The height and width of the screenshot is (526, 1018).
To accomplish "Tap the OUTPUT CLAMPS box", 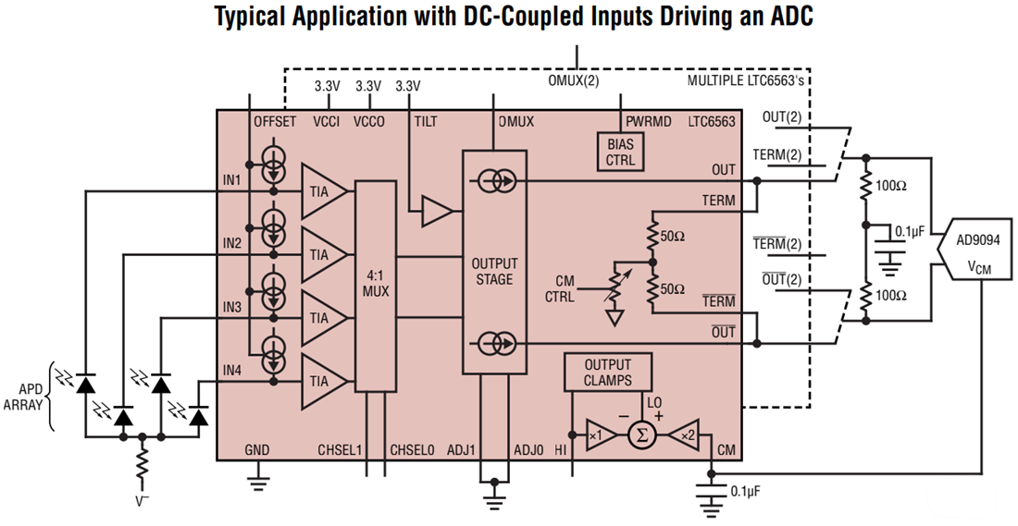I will tap(607, 372).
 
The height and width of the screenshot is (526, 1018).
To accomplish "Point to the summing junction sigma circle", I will tap(640, 434).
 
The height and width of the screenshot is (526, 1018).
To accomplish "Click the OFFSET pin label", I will tap(275, 121).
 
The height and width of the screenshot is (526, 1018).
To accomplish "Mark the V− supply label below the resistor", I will tap(142, 506).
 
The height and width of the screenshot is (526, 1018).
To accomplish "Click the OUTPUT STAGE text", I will tap(493, 272).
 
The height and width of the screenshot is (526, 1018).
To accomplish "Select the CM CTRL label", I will tap(560, 288).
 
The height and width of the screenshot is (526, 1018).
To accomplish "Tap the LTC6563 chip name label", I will tap(712, 121).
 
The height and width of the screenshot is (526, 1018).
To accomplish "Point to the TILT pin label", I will tap(427, 121).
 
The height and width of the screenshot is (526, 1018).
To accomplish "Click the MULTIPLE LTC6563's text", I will tap(746, 81).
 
